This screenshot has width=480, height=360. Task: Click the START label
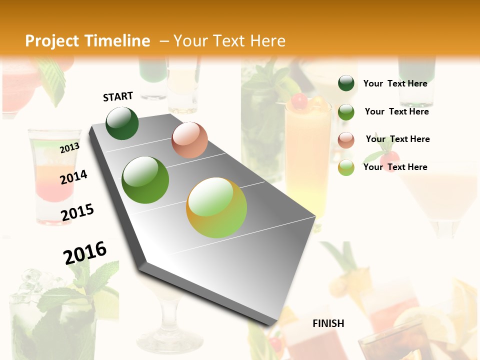click(x=118, y=96)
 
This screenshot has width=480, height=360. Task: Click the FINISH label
click(x=328, y=323)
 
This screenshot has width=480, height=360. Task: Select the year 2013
click(x=69, y=148)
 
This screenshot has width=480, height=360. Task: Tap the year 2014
click(x=73, y=177)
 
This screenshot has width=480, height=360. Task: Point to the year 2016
click(x=85, y=253)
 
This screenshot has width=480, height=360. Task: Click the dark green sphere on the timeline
click(x=122, y=123)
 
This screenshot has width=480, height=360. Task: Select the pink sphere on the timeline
click(x=189, y=140)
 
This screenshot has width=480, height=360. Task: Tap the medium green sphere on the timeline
click(x=145, y=180)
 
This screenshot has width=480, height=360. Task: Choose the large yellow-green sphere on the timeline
click(x=216, y=207)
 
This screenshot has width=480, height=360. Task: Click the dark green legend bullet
click(x=346, y=83)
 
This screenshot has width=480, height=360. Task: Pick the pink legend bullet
click(x=346, y=140)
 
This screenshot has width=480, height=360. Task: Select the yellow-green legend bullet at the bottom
click(x=346, y=167)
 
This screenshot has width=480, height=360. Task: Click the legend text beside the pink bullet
click(x=397, y=139)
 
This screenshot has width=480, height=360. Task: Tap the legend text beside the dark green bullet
click(x=395, y=83)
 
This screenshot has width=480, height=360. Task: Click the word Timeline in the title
click(x=117, y=41)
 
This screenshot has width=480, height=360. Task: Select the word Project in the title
click(x=51, y=41)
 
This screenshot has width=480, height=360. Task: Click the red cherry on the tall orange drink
click(x=299, y=101)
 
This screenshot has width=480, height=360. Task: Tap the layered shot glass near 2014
click(x=54, y=175)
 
